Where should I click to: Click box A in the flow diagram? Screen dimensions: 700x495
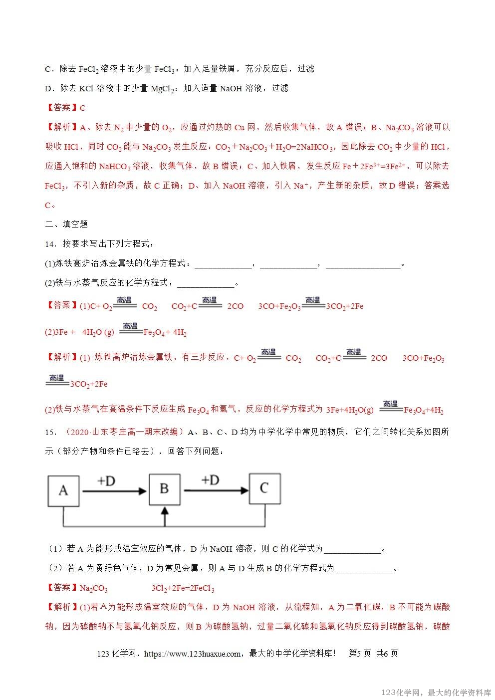point(63,490)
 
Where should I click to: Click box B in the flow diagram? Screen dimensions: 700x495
point(165,488)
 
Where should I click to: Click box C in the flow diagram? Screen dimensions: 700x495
point(264,488)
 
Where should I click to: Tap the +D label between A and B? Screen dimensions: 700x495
point(106,480)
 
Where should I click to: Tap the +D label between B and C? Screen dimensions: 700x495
point(210,480)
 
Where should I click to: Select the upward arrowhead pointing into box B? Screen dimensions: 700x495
point(165,512)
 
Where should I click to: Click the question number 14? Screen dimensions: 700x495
point(49,244)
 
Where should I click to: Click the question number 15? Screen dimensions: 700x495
point(49,432)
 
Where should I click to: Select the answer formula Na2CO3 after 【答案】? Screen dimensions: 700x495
point(94,589)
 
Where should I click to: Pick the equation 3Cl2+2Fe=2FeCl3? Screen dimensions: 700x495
point(183,589)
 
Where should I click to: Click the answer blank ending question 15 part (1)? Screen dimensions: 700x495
point(352,550)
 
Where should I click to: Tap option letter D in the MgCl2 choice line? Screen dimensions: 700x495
point(48,89)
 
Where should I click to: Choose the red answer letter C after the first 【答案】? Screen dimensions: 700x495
point(83,108)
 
